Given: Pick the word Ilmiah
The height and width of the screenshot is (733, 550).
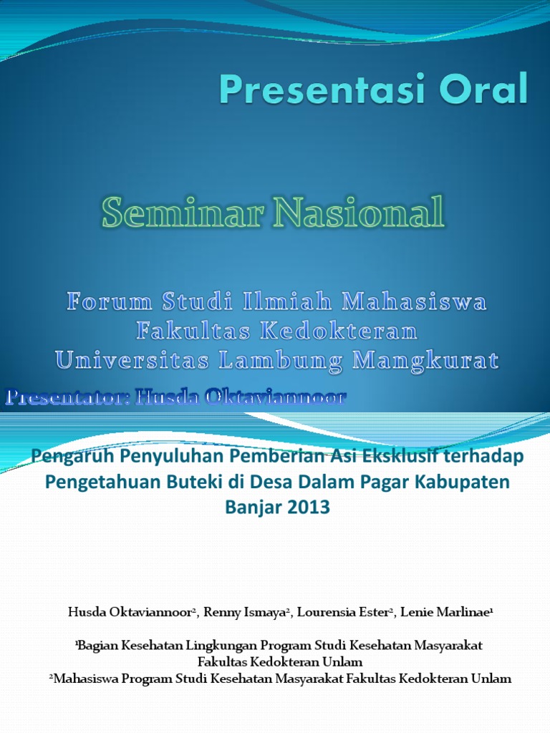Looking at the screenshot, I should (295, 302).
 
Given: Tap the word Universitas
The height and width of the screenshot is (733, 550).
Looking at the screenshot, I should (132, 361).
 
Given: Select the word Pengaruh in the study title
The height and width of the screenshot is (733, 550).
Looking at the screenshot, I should (69, 455).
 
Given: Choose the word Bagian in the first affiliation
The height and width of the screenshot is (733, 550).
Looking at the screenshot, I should (98, 645).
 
